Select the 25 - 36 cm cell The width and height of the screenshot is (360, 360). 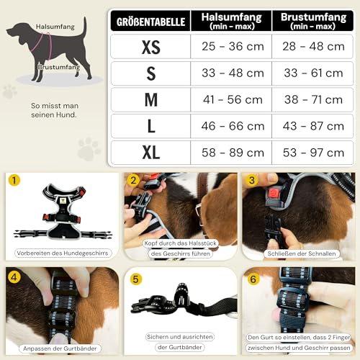(231, 48)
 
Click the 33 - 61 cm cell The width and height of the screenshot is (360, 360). (312, 73)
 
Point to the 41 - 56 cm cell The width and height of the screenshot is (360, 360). (231, 100)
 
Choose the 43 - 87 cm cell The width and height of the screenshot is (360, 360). (312, 127)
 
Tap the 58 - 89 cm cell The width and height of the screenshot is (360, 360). (231, 153)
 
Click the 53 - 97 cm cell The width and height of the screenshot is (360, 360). (312, 153)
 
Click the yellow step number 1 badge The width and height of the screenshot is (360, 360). (14, 181)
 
